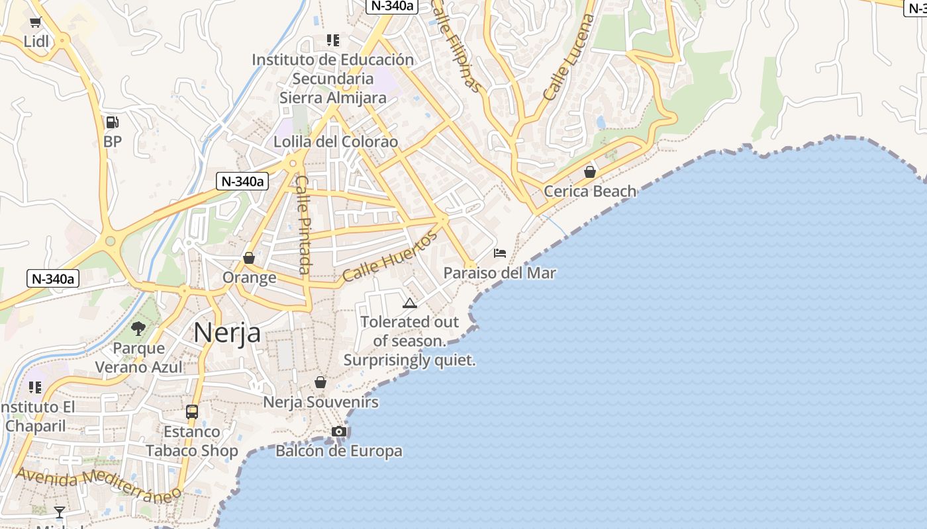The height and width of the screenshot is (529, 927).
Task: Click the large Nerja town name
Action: (x=227, y=333)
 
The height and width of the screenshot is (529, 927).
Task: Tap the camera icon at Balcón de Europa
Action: (x=339, y=432)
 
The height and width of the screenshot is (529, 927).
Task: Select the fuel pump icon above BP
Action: (x=112, y=122)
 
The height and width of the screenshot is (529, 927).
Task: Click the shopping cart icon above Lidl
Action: (x=36, y=22)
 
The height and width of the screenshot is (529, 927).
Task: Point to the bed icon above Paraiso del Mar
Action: (x=500, y=253)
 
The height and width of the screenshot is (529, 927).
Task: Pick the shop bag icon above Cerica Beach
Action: (x=590, y=172)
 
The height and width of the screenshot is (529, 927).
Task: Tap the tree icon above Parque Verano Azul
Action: (x=138, y=328)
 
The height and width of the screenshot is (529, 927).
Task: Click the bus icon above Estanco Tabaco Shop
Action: (x=192, y=412)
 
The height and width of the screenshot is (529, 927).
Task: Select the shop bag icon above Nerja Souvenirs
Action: (x=320, y=382)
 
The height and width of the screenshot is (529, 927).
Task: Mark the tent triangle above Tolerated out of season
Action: (x=409, y=304)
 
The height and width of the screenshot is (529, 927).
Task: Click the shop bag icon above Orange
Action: (x=249, y=258)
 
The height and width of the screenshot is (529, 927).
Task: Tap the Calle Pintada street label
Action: (x=303, y=224)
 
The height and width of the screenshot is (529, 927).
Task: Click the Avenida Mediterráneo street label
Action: (x=98, y=485)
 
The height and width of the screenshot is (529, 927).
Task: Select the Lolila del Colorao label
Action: (x=336, y=142)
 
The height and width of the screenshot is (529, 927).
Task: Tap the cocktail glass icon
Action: (x=60, y=512)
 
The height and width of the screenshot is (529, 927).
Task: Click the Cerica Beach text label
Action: (x=590, y=192)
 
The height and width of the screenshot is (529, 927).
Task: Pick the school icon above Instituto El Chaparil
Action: (x=35, y=387)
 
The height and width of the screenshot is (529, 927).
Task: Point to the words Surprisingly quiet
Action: (x=409, y=361)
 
